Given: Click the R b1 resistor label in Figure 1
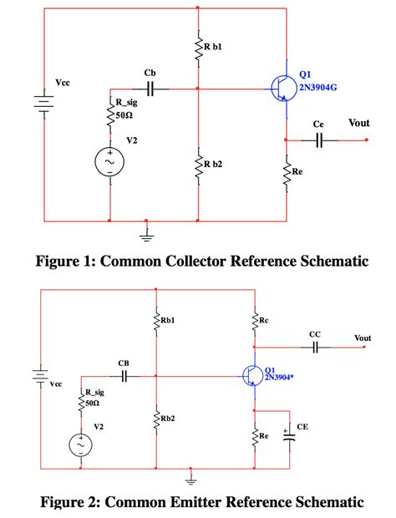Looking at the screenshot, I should (213, 48).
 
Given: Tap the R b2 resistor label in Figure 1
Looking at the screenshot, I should (213, 164).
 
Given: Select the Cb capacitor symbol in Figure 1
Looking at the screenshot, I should (151, 86).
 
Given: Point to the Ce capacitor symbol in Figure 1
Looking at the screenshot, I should (318, 140).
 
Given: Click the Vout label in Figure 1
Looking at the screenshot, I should (358, 123).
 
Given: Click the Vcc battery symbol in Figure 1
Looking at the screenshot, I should (42, 104).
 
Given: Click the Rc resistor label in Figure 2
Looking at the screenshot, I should (264, 320).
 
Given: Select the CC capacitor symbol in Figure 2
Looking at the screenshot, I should (315, 347).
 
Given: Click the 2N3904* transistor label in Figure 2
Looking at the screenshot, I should (281, 378).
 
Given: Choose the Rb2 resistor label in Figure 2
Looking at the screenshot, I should (168, 418).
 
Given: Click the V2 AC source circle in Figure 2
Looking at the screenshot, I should (81, 445).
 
